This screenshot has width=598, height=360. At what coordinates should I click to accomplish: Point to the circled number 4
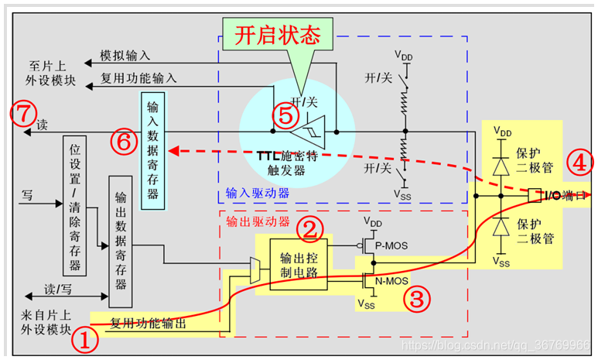point(578,163)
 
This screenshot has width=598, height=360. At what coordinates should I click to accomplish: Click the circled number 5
point(285,116)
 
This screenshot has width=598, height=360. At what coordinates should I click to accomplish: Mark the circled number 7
point(24,115)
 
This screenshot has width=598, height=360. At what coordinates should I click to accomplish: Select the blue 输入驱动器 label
point(258,193)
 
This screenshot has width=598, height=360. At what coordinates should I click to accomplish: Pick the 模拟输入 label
point(125,56)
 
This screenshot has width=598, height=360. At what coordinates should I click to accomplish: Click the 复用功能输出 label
point(148,324)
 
